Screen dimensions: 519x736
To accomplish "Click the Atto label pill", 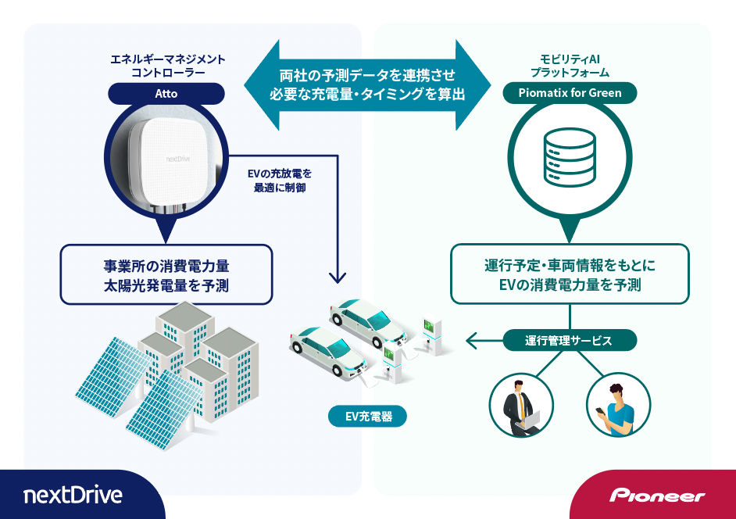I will pos(166,94).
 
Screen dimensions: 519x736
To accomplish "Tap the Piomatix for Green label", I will pos(570,94).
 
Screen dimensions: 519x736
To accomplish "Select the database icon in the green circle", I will pos(570,159).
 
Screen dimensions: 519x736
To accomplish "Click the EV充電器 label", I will pos(367,417).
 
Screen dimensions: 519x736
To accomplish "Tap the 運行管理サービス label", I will pos(570,340).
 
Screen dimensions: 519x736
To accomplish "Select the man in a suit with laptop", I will pos(521,404).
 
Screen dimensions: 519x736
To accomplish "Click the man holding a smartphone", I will pos(618,404).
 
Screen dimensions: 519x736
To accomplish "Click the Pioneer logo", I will pos(657,496).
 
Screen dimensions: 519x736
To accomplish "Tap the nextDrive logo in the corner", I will pos(73,495).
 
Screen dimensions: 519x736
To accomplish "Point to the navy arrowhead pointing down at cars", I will pos(338,277).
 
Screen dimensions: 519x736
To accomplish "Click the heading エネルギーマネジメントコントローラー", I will pos(166,65).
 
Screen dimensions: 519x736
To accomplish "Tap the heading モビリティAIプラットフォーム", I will pos(570,65).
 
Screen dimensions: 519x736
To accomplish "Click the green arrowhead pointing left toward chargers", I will pos(471,340).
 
